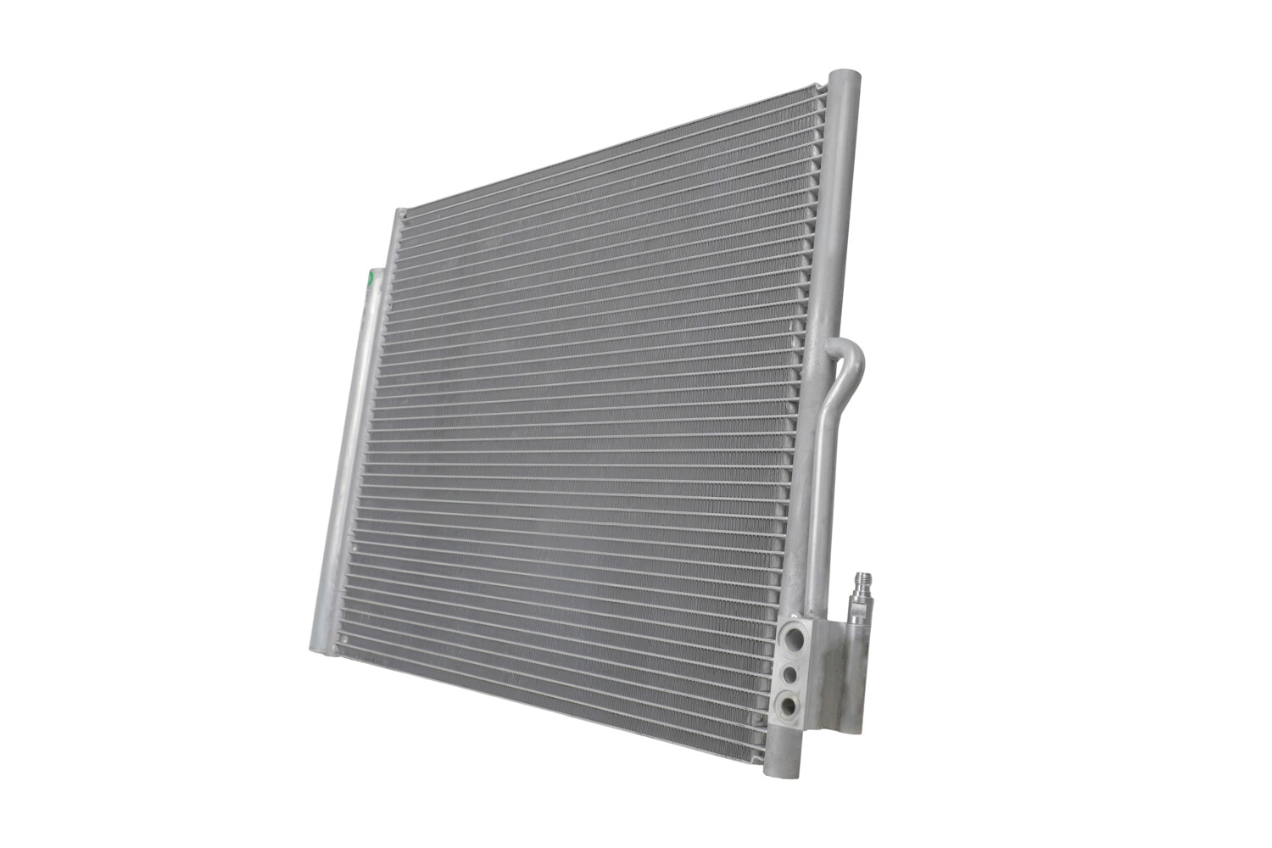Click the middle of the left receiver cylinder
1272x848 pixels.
pos(349,462)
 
